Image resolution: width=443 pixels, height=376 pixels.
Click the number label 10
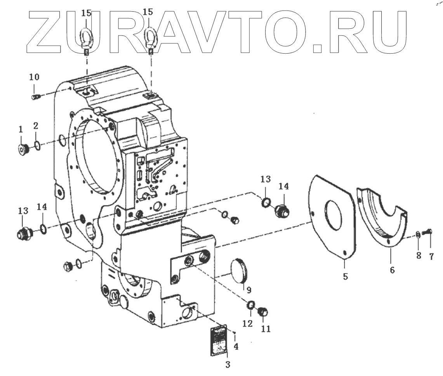[x=34, y=77]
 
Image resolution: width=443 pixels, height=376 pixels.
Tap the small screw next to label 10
[x=35, y=97]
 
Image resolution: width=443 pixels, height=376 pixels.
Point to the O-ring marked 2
[x=37, y=146]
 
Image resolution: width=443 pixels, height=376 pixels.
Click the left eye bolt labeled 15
[x=87, y=37]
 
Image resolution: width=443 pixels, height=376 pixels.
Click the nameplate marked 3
[x=219, y=341]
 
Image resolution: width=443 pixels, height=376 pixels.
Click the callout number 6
[x=392, y=270]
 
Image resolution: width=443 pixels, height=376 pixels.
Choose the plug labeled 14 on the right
[x=282, y=211]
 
